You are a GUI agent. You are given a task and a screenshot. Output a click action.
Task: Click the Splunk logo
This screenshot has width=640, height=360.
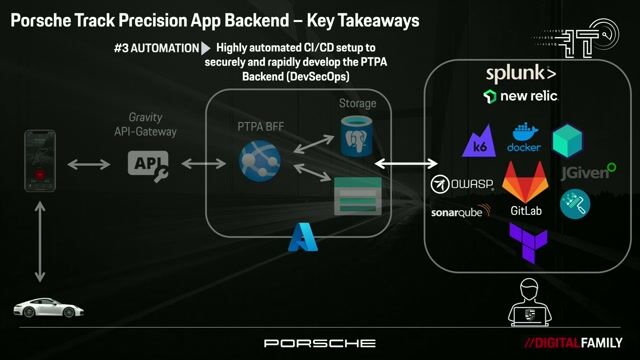pos(521,74)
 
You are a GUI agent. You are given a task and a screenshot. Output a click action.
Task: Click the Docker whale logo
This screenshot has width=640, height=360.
pos(524,139)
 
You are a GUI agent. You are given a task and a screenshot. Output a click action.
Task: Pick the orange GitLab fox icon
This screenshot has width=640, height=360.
pos(526,182)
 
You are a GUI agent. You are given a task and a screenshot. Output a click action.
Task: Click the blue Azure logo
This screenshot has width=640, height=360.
pos(302,236)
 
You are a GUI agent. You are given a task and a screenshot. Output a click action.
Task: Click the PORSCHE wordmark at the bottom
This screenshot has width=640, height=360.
pos(320,343)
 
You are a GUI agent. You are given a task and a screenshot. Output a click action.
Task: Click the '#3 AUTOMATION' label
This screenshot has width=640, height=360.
pos(156,48)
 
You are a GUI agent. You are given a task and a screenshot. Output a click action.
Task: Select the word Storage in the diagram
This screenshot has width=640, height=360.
pos(357,103)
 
